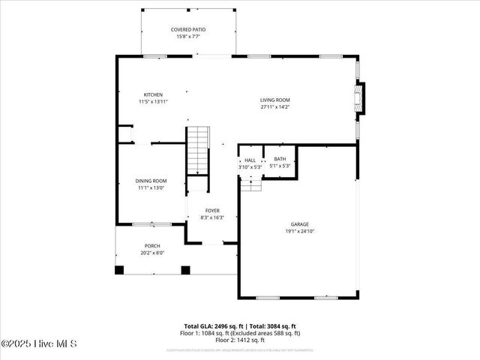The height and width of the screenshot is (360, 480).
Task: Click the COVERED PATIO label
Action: (188, 29)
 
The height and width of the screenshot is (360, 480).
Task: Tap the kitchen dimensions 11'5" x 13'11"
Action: (153, 101)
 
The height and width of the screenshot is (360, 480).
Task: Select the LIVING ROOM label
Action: (274, 100)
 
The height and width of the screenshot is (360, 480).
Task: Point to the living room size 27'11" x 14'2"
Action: (274, 106)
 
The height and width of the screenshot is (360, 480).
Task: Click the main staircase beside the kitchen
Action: (196, 149)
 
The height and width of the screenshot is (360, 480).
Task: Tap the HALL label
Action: (250, 160)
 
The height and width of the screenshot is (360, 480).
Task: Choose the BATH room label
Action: (280, 159)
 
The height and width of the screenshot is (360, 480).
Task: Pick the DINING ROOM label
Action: (151, 181)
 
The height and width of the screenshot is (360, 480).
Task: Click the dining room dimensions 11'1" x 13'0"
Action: (151, 188)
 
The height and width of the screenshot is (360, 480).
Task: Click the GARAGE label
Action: (300, 224)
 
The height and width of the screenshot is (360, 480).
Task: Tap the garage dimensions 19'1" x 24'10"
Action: (300, 231)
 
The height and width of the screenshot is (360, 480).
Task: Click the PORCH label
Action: (152, 246)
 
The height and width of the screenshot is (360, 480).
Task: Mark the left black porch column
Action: (119, 270)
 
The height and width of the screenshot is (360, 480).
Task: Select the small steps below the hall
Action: (251, 184)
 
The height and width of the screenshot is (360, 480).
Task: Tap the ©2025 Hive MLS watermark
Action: (39, 343)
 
